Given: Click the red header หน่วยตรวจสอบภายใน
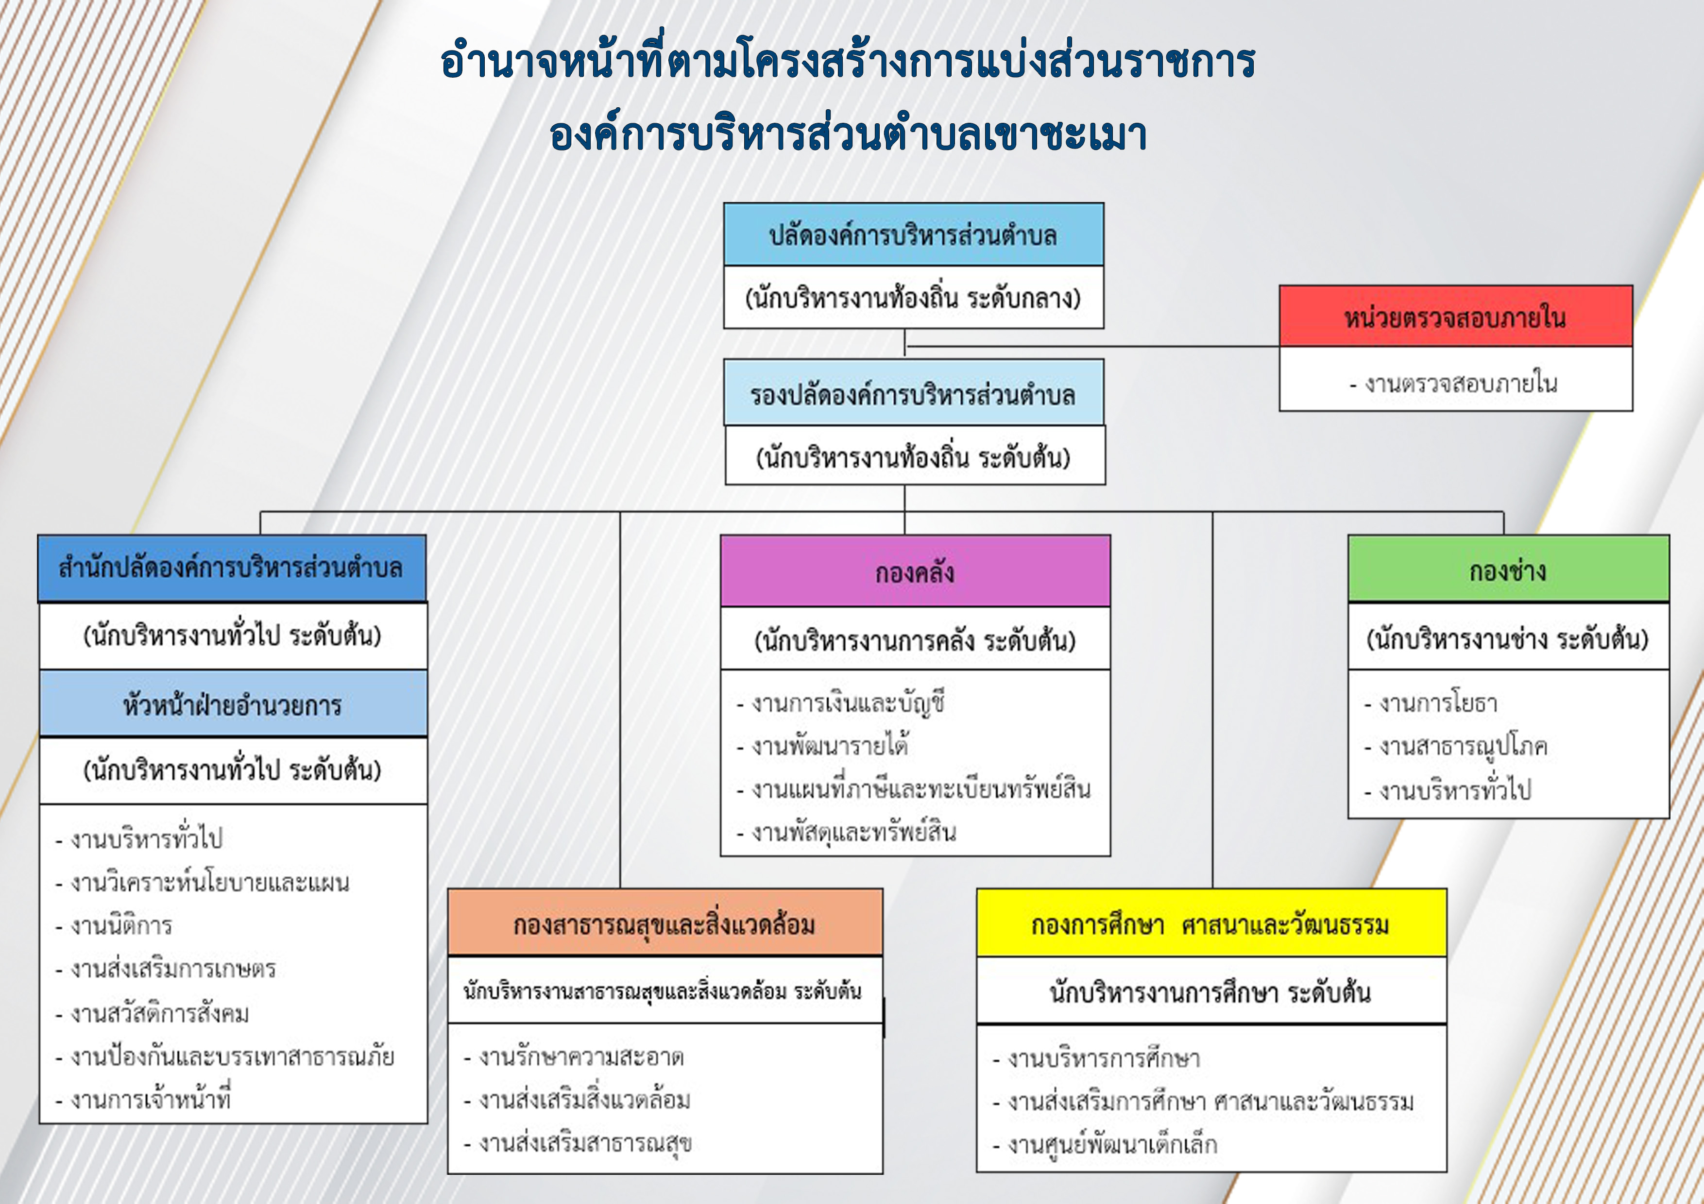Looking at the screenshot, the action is point(1455,316).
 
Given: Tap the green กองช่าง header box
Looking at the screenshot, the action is point(1509,568).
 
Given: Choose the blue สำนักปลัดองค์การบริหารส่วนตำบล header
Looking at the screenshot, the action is point(232,568).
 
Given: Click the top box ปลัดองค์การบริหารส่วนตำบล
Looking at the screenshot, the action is point(914,234).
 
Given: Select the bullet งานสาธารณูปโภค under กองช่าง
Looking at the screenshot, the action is point(1455,746).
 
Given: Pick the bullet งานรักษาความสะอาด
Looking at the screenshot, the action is point(574,1056).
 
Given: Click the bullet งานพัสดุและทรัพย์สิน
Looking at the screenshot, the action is point(846,832).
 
